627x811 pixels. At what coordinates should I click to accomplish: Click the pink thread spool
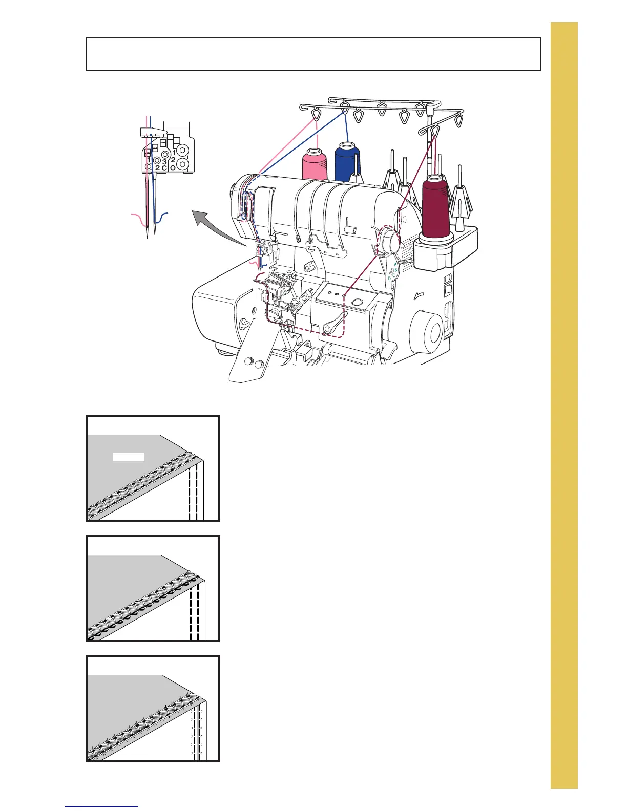point(315,164)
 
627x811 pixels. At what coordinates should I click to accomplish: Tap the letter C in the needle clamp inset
point(164,168)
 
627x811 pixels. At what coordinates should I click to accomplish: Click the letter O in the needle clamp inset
point(173,167)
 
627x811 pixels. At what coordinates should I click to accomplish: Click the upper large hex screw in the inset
point(183,151)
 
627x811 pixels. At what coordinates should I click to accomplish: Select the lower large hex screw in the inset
point(184,164)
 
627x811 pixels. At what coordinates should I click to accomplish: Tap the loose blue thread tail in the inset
point(162,218)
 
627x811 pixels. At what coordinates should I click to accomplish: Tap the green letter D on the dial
point(389,278)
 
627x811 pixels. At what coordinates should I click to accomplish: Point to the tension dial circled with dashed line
point(390,241)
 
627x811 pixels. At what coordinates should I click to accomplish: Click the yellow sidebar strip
point(564,404)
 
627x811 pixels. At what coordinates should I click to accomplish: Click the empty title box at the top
point(313,53)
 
